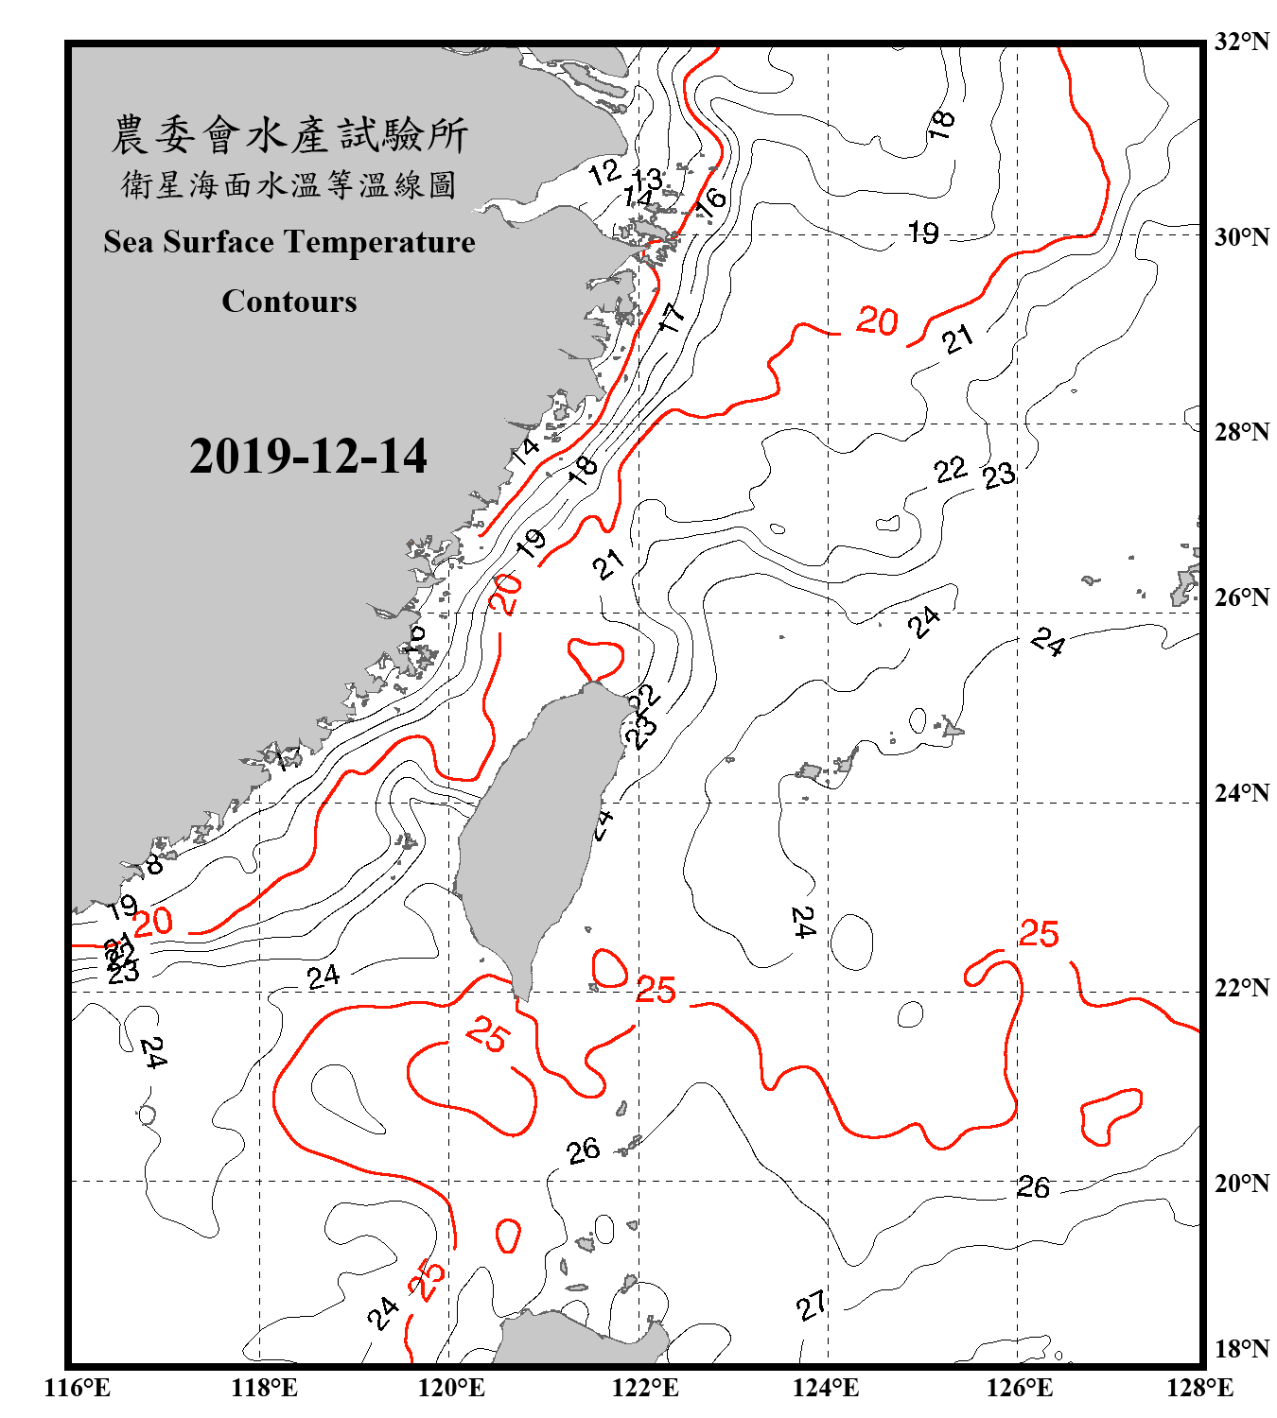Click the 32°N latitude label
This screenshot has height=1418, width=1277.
pos(1241,42)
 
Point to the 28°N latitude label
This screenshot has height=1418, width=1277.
pos(1241,432)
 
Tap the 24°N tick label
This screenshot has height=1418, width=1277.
pos(1241,793)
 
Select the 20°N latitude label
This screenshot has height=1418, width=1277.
pos(1241,1183)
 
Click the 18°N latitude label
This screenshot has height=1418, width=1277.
pos(1241,1349)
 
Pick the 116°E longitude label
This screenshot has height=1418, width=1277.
pos(77,1388)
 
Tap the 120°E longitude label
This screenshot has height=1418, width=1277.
pos(451,1388)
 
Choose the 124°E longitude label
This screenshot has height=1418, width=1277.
pos(826,1388)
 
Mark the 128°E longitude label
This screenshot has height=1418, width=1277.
pos(1199,1388)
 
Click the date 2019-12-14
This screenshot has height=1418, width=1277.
pos(307,457)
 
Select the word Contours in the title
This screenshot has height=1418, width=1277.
pos(289,302)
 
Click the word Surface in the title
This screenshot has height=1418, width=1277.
pos(219,242)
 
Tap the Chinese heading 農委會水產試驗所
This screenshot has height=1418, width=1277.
pos(289,135)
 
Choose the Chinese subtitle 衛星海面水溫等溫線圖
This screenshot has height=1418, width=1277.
pos(289,184)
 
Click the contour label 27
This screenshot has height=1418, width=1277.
pos(811,1306)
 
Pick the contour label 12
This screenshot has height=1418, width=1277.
pos(604,172)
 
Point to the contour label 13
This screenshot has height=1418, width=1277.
pos(647,179)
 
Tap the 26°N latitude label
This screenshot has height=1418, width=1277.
pos(1241,597)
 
